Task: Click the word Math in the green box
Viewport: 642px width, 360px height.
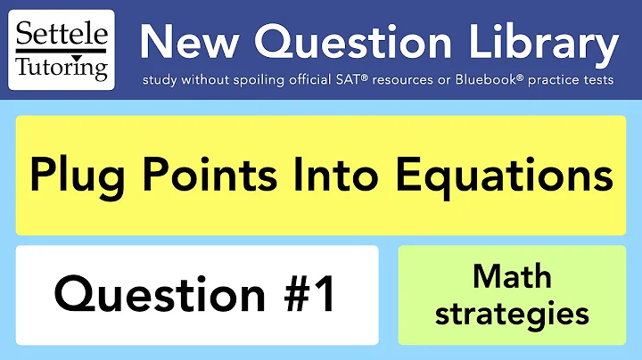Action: click(x=512, y=277)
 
